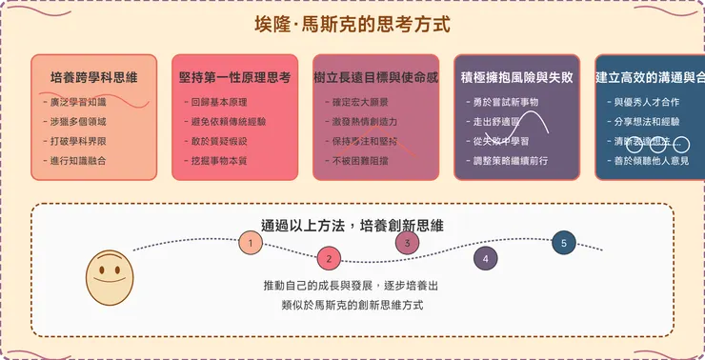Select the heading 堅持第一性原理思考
point(235,76)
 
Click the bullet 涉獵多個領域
point(79,121)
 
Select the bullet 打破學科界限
point(79,140)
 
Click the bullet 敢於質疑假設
point(220,140)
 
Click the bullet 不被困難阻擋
point(360,161)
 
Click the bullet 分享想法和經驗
point(645,123)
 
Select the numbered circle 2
point(329,258)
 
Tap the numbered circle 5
point(564,243)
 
